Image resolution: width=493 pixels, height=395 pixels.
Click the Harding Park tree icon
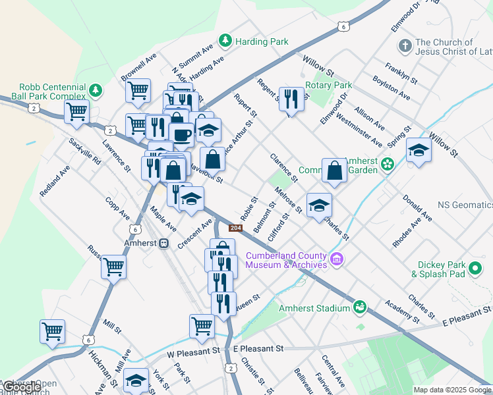(226, 41)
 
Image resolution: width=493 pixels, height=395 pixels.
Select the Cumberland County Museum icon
(337, 259)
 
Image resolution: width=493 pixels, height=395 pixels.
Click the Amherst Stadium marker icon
(360, 307)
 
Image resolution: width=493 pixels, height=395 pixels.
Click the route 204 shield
(235, 228)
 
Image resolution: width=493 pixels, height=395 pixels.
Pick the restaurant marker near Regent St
(291, 99)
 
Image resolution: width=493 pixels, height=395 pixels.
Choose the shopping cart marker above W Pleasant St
(202, 325)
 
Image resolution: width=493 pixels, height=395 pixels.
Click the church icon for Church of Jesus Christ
(405, 47)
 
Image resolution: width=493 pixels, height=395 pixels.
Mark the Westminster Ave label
(359, 130)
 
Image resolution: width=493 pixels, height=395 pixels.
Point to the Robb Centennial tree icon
(96, 89)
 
